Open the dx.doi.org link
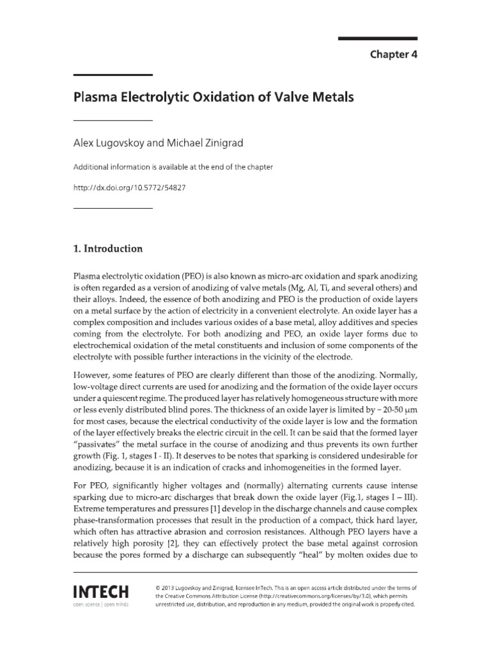(132, 188)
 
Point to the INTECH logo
(101, 591)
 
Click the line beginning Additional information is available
(173, 167)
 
